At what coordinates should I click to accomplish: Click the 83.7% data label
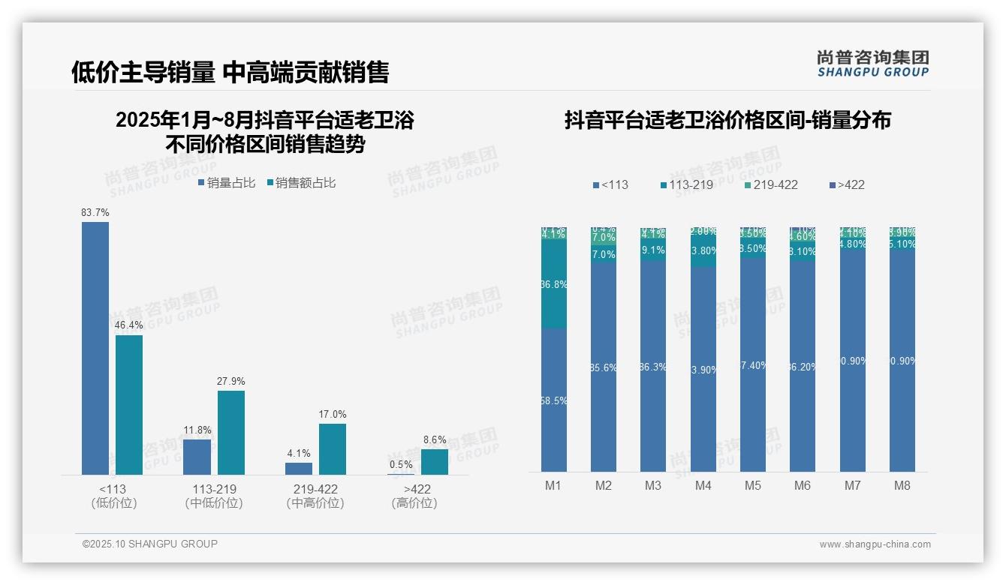(95, 213)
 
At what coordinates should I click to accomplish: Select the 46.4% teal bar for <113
(129, 405)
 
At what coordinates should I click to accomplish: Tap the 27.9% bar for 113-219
(231, 433)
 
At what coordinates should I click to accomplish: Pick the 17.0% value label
(333, 415)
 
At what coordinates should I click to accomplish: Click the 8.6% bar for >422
(435, 462)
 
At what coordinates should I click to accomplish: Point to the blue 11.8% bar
(197, 457)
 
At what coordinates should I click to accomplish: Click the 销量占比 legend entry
(227, 182)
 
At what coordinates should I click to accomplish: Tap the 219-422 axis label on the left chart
(315, 489)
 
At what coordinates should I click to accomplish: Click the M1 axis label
(553, 485)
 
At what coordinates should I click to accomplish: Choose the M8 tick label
(902, 485)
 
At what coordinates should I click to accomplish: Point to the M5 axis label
(753, 485)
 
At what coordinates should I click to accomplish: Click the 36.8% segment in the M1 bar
(553, 284)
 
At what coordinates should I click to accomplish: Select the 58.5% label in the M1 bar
(553, 400)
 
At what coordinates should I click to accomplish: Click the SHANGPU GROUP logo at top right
(873, 64)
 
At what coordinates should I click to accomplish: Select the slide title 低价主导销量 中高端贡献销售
(230, 72)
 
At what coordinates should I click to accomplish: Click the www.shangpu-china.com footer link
(875, 544)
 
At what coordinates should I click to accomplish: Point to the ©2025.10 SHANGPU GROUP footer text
(150, 544)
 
